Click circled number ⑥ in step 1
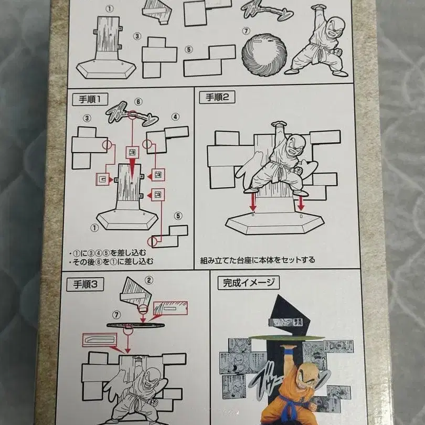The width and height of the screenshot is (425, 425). click(x=138, y=102)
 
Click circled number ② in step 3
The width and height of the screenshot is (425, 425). click(x=150, y=280)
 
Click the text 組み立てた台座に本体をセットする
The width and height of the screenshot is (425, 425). click(x=258, y=260)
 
